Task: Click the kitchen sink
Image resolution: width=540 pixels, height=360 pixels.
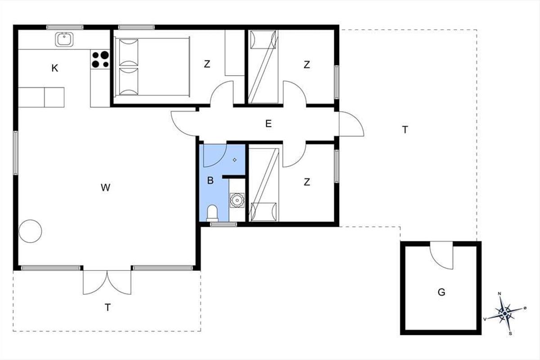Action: pyautogui.click(x=64, y=40)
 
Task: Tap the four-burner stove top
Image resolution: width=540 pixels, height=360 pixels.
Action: pyautogui.click(x=100, y=59)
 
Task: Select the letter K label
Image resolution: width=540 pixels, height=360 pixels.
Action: pyautogui.click(x=55, y=68)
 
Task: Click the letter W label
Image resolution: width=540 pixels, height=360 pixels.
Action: pyautogui.click(x=106, y=187)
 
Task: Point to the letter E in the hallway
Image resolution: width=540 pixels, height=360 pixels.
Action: pyautogui.click(x=268, y=124)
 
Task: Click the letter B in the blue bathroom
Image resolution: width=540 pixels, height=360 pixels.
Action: pyautogui.click(x=210, y=180)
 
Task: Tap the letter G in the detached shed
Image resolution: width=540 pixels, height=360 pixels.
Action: pyautogui.click(x=441, y=292)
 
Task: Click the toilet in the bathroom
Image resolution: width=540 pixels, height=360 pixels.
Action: pyautogui.click(x=212, y=213)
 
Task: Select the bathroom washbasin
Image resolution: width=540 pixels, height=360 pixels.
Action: pyautogui.click(x=237, y=200)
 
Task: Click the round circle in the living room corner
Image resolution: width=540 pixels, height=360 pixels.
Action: pyautogui.click(x=30, y=231)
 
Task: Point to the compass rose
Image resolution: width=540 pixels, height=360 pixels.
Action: pyautogui.click(x=505, y=314)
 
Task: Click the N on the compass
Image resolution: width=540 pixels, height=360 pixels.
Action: pyautogui.click(x=499, y=294)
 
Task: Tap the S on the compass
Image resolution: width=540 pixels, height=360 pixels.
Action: pyautogui.click(x=510, y=334)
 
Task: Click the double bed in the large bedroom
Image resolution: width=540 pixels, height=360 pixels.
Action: pyautogui.click(x=152, y=66)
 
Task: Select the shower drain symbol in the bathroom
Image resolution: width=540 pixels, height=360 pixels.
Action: pyautogui.click(x=234, y=160)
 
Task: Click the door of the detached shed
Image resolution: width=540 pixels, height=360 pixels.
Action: pyautogui.click(x=441, y=255)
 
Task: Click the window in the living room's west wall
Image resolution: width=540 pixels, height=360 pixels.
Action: pyautogui.click(x=16, y=153)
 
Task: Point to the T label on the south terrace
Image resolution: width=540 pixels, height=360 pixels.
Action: pyautogui.click(x=108, y=308)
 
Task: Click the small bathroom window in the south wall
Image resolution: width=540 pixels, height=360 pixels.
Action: pyautogui.click(x=224, y=225)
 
